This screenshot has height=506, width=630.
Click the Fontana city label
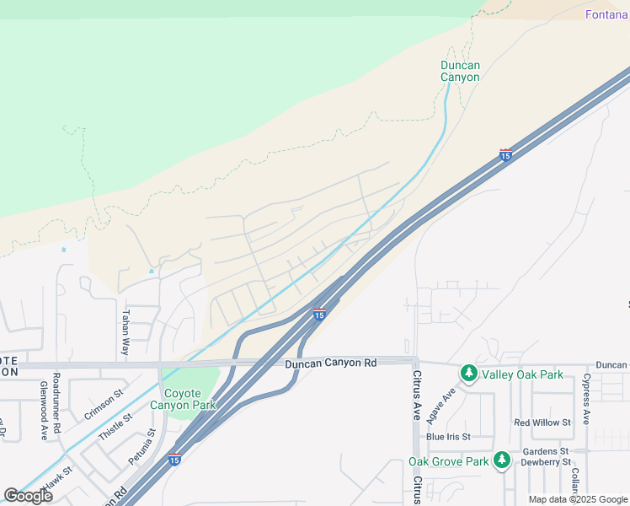(x=606, y=15)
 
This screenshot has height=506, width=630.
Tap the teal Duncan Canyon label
(x=460, y=71)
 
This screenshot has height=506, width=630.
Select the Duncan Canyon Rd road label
(x=330, y=363)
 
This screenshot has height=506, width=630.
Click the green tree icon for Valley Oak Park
(x=469, y=373)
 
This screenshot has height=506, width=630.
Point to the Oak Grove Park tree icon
(x=502, y=460)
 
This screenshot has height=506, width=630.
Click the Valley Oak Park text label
(x=522, y=374)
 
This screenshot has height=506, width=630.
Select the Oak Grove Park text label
(x=449, y=461)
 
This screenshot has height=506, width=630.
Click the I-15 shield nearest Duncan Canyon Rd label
(x=319, y=315)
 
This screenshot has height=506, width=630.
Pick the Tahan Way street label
(x=125, y=331)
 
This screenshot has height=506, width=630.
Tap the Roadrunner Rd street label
(x=56, y=402)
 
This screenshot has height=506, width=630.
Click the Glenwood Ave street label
(x=43, y=410)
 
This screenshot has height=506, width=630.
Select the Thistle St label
(x=115, y=428)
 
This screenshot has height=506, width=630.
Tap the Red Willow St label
(x=542, y=422)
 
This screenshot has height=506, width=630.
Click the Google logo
(x=28, y=496)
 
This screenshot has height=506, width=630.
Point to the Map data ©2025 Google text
(x=578, y=499)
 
